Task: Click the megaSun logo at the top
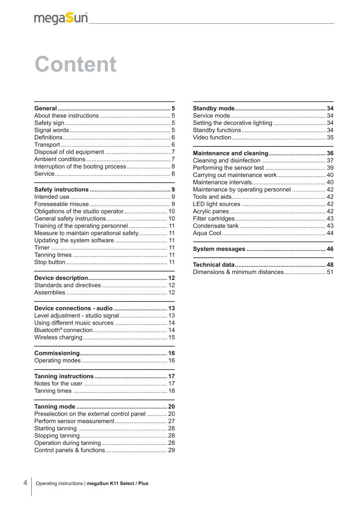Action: [x=61, y=18]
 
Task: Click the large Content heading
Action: [x=76, y=65]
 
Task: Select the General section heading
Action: [x=45, y=108]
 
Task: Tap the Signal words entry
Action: [x=51, y=130]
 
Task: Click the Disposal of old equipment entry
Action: [x=69, y=152]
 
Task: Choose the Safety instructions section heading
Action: [x=62, y=189]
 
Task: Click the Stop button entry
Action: [x=50, y=262]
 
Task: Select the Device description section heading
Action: [x=61, y=278]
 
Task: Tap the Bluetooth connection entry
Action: [x=63, y=331]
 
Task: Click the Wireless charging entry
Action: [x=58, y=338]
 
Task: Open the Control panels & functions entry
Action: [x=69, y=450]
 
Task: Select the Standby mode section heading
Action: [x=213, y=108]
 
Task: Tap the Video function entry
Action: [x=212, y=138]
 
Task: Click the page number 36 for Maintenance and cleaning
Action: [x=330, y=153]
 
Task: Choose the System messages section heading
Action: [x=219, y=249]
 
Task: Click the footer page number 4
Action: [x=25, y=483]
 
